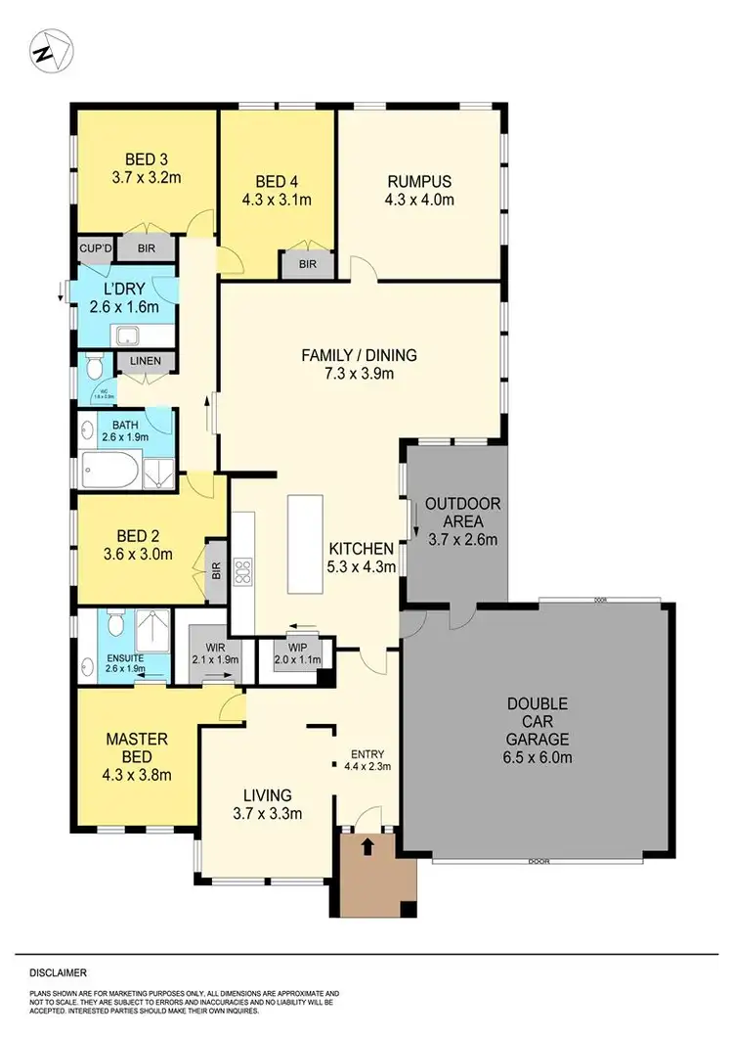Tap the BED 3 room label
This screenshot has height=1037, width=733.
coord(145,160)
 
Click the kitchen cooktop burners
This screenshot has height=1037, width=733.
coord(243,570)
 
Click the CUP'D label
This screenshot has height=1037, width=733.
coord(96,248)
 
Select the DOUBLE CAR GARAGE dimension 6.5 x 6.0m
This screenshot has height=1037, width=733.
coord(539,757)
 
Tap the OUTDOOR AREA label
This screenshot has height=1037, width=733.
coord(462,513)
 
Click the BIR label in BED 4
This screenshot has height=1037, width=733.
coord(306,264)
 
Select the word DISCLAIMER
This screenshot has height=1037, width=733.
coord(58,973)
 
